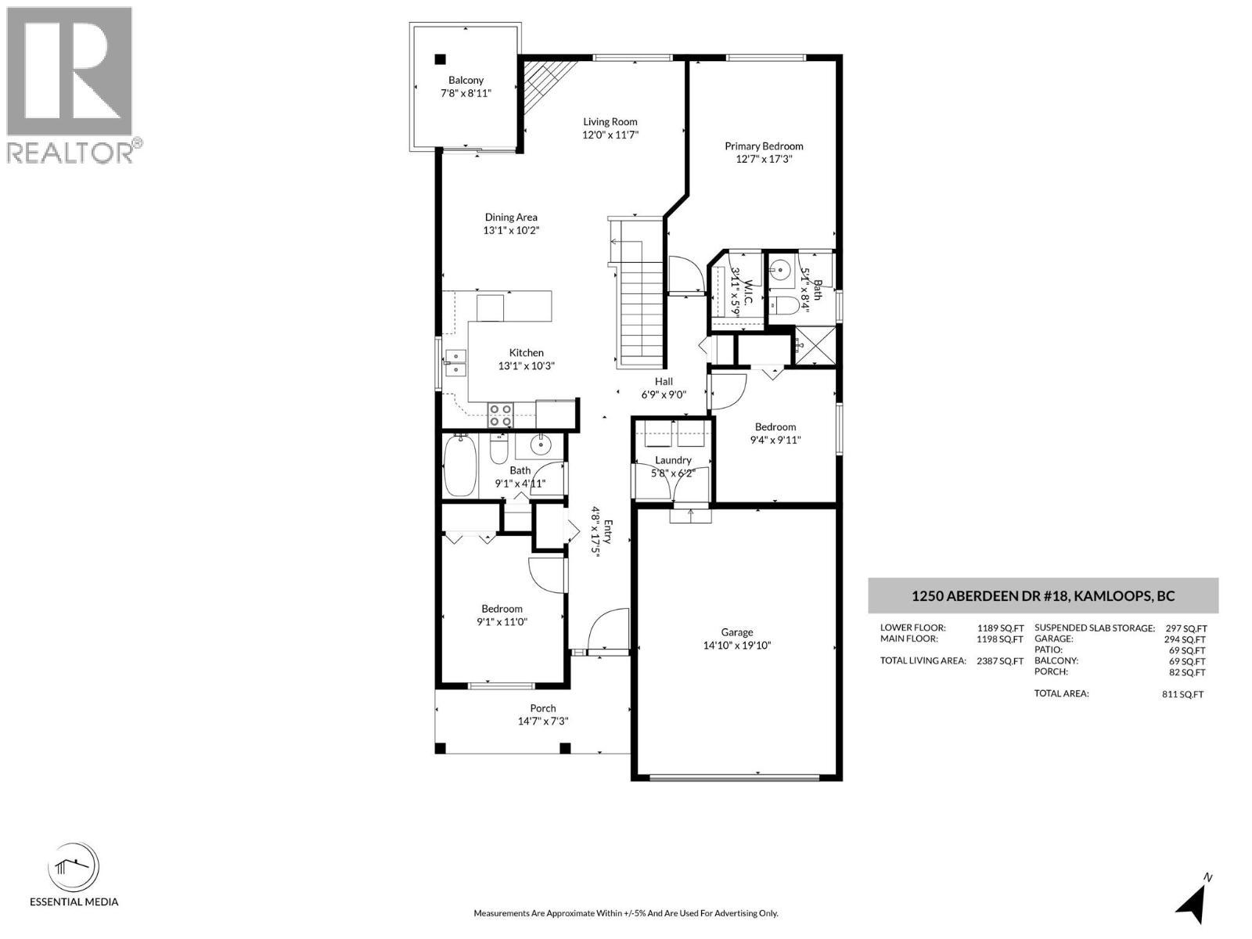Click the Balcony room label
(x=466, y=81)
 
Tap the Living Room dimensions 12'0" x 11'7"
(x=610, y=135)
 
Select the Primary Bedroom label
(x=764, y=146)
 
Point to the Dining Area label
(x=510, y=218)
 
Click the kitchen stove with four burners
(x=500, y=415)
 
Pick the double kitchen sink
(x=455, y=363)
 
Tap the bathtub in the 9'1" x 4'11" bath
(x=460, y=465)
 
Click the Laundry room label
(x=673, y=460)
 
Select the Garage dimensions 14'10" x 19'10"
(x=737, y=646)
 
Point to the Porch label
(x=542, y=708)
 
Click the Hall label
(x=664, y=381)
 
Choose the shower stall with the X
(x=815, y=345)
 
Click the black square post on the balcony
(x=439, y=59)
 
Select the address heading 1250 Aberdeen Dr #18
(x=1043, y=596)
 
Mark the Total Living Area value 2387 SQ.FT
(x=1000, y=661)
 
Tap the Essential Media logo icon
(x=74, y=869)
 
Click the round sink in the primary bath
(x=779, y=268)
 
